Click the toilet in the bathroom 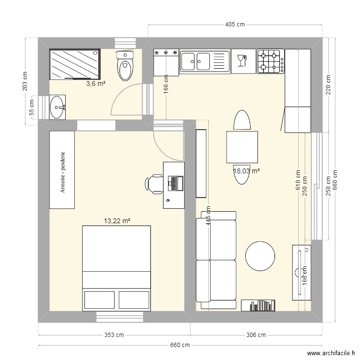point(125,66)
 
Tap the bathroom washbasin point(58,107)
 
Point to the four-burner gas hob point(270,61)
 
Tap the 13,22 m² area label point(117,221)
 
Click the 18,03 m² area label point(247,170)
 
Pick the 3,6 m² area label point(96,84)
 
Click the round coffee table point(261,255)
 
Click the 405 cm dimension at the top point(235,24)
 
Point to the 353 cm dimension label point(115,335)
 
